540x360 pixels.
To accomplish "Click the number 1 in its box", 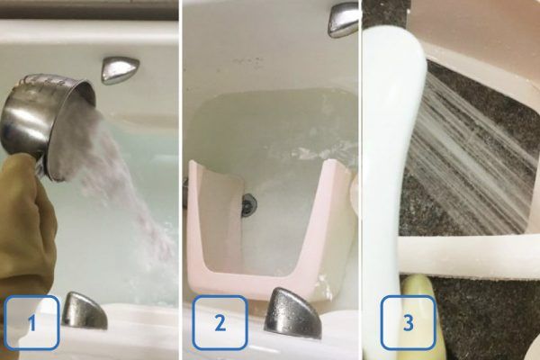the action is coord(32,323).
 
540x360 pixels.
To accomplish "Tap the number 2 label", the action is coord(220,323).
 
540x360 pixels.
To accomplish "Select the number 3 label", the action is coord(408,323).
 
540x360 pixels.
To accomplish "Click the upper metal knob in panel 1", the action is coord(119,70).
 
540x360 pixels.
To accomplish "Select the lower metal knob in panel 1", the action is coord(85,310).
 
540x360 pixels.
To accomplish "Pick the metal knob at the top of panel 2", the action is coord(343,19).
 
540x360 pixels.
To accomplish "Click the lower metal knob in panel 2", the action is coord(292,313).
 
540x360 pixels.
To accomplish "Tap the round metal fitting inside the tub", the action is coord(248,204).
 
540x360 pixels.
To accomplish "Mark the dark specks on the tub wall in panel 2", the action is coord(248,62).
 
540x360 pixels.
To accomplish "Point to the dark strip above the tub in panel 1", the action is coord(89,9).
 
